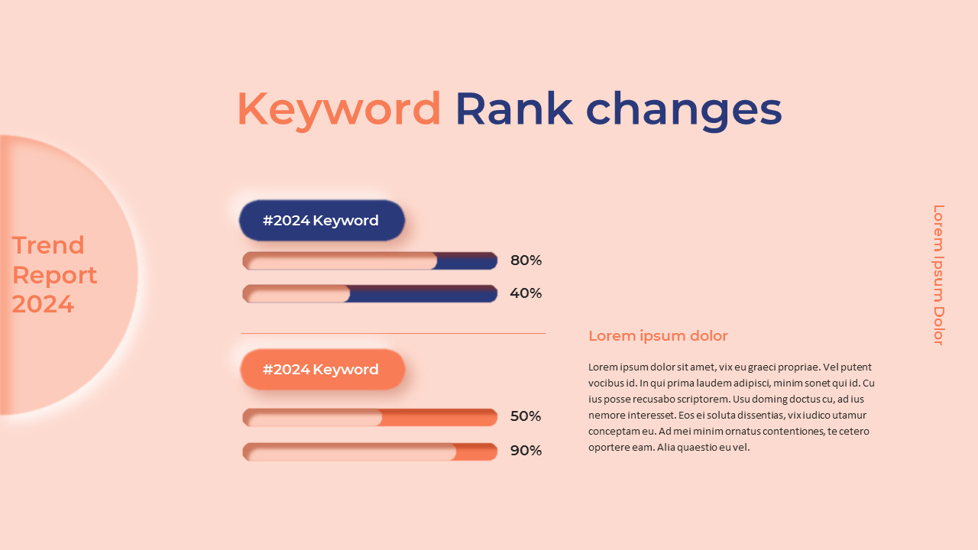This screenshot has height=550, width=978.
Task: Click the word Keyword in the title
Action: coord(338,109)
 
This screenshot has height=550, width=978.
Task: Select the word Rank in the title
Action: coord(513,109)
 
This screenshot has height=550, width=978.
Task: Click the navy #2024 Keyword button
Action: coord(322,221)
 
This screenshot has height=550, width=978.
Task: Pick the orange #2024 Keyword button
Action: coord(322,370)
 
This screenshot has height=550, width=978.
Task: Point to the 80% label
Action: coord(526,260)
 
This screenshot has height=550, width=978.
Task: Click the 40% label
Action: coord(526,293)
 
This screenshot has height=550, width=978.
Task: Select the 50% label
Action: coord(526,416)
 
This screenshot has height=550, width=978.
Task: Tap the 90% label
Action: coord(526,451)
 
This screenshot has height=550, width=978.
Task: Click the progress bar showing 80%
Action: coord(370,261)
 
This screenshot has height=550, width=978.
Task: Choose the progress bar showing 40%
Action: coord(370,294)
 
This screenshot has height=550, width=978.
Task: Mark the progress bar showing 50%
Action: coord(370,417)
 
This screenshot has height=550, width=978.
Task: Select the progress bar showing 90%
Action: coord(370,451)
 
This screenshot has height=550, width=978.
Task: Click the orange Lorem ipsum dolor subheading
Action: coord(658,336)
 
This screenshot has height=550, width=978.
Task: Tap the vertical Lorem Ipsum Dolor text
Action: coord(938,275)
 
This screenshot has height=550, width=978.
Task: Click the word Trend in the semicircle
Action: coord(48,245)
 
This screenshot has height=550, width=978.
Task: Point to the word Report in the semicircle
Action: coord(54,275)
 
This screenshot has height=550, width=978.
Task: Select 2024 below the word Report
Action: coord(43,304)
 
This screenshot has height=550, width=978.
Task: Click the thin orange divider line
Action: coord(393,333)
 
